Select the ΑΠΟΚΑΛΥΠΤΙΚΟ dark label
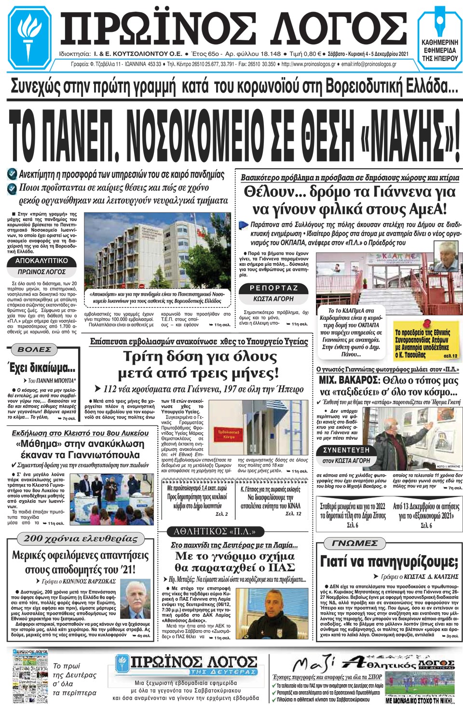42,261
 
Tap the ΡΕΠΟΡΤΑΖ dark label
274,288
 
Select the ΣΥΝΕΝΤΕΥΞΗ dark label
346,450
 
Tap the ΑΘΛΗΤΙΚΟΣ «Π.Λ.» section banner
215,531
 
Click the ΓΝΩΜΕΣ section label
354,543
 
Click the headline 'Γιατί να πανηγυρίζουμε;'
389,562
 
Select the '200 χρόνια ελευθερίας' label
81,539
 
